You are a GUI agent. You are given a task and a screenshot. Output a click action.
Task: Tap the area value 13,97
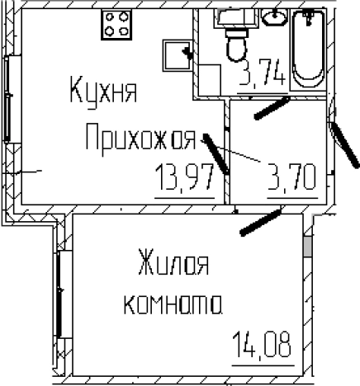click(x=188, y=176)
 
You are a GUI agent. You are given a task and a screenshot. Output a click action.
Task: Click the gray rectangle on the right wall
click(x=309, y=247)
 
